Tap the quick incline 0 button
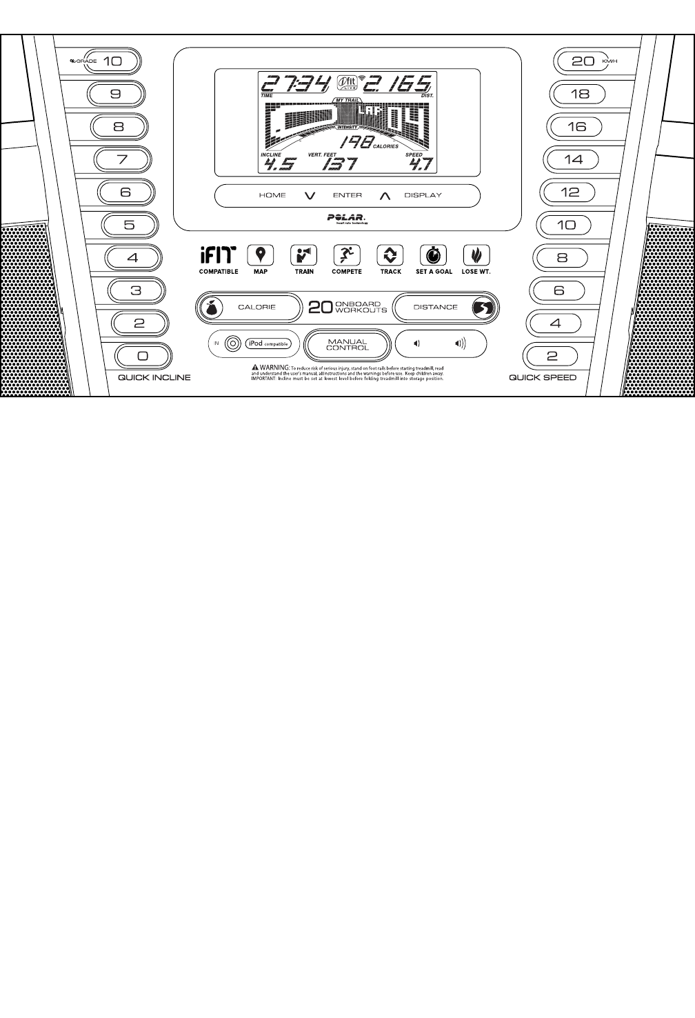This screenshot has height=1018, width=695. tap(142, 356)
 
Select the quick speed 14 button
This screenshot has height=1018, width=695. tap(573, 159)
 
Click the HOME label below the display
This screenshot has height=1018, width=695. tap(272, 195)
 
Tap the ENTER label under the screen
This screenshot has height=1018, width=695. tap(347, 195)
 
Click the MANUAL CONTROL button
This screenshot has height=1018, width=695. tap(347, 344)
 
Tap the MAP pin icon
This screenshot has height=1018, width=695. tap(260, 256)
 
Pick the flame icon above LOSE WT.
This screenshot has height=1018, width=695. tap(476, 256)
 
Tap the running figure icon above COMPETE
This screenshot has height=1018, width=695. tap(347, 256)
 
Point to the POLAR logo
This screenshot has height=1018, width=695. tap(347, 217)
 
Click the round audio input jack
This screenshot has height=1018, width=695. tap(232, 343)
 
